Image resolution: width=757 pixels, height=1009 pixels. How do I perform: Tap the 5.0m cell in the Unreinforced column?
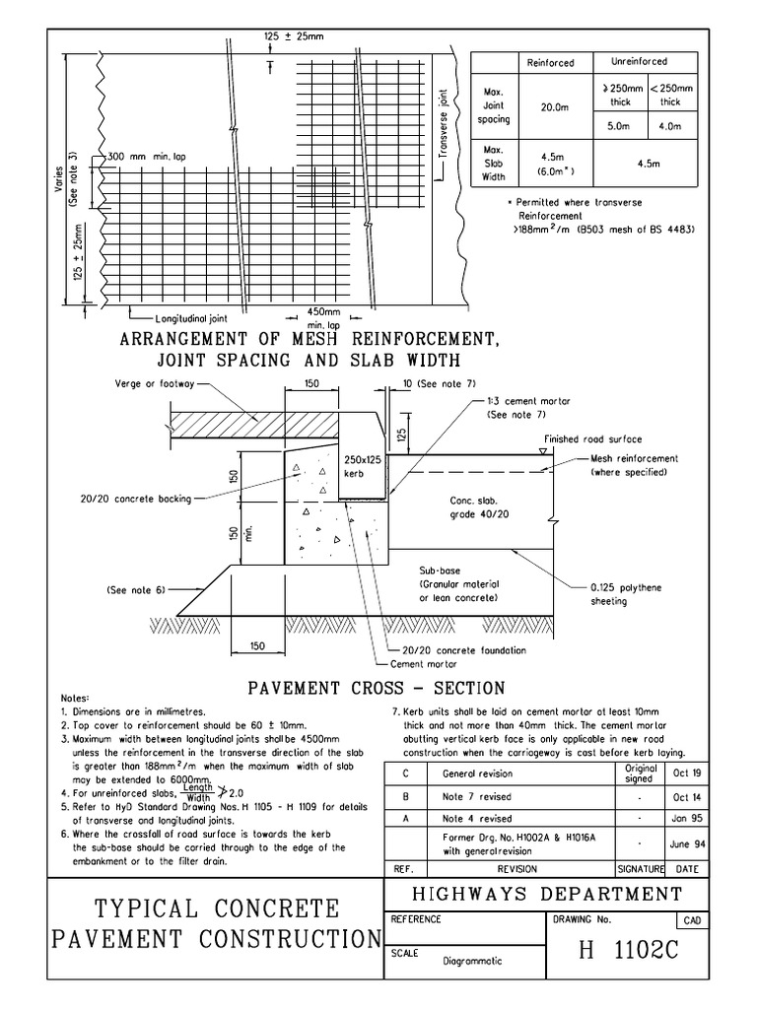pos(618,126)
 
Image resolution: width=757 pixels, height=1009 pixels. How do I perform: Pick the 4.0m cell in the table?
pos(670,126)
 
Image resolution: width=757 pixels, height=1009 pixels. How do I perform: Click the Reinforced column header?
pos(550,63)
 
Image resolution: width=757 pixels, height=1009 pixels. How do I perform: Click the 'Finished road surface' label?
pos(589,438)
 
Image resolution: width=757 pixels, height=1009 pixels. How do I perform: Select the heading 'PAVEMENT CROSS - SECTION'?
pos(376,688)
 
